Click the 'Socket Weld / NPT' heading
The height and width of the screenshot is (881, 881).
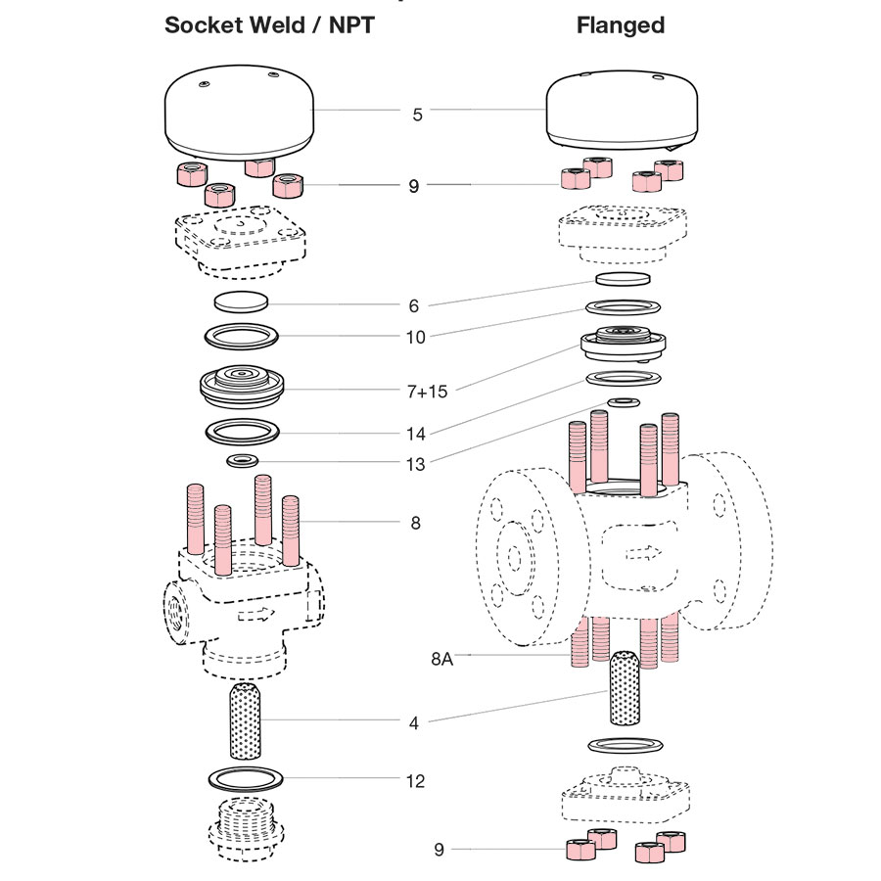268,25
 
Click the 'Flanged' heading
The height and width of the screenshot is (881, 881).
620,25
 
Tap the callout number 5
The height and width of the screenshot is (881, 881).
418,115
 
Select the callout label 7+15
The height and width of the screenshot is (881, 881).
426,392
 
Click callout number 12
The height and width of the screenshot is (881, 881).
416,781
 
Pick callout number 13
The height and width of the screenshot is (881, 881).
416,464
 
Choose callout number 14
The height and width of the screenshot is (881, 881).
416,432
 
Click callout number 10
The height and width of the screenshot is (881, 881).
416,338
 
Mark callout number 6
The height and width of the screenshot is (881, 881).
415,306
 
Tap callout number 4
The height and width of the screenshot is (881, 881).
415,724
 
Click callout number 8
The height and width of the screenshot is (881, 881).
416,523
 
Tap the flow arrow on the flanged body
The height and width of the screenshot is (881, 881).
641,553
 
